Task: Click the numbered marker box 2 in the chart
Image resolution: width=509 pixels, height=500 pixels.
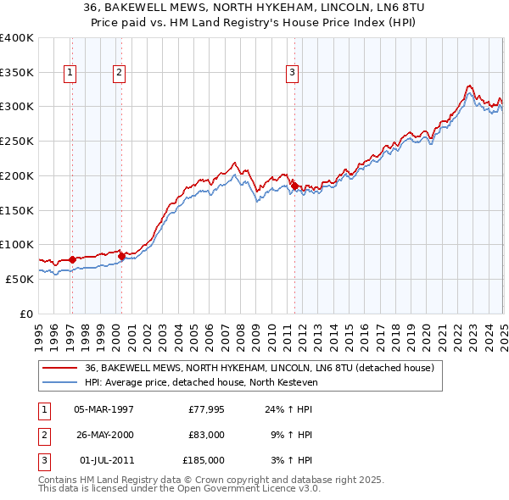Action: pyautogui.click(x=119, y=74)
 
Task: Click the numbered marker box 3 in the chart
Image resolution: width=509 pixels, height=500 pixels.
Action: pyautogui.click(x=292, y=74)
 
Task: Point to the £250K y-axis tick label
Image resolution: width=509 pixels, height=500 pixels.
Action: pyautogui.click(x=17, y=141)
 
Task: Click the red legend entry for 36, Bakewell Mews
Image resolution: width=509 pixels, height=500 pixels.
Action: pyautogui.click(x=260, y=368)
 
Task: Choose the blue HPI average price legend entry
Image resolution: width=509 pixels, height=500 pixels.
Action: pyautogui.click(x=200, y=382)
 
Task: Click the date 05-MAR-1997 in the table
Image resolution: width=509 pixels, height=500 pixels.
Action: pyautogui.click(x=103, y=409)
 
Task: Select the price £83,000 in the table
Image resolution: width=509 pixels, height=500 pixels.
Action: pyautogui.click(x=206, y=435)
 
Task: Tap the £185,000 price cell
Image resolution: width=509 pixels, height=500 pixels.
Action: pyautogui.click(x=204, y=460)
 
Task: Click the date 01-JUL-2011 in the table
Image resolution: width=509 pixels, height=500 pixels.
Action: pyautogui.click(x=105, y=460)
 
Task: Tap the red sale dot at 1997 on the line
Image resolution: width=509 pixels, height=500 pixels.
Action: pyautogui.click(x=71, y=259)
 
